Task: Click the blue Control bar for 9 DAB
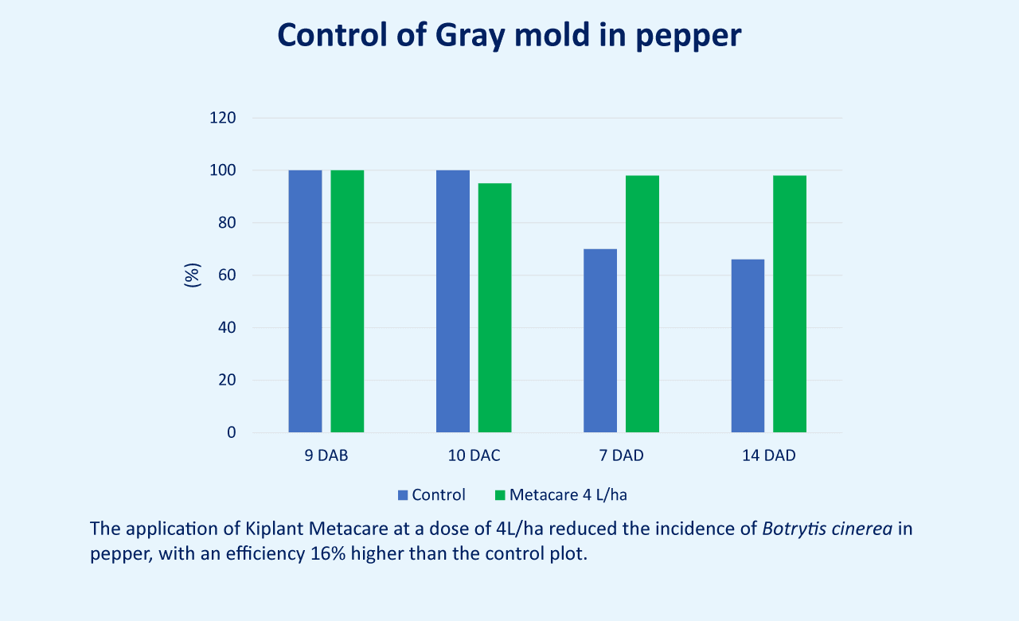(x=305, y=301)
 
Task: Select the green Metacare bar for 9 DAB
(x=347, y=301)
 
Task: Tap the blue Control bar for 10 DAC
(x=453, y=301)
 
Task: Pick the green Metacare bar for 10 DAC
(x=494, y=307)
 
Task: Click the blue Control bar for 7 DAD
(x=600, y=340)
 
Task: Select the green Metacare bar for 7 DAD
(x=642, y=304)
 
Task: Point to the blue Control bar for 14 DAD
(x=748, y=346)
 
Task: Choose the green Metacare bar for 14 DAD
(x=790, y=304)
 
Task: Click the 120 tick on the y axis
(x=222, y=118)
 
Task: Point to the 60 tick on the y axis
(x=227, y=275)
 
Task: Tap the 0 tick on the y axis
(x=232, y=432)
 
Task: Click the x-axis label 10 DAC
(x=474, y=455)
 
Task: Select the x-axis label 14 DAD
(x=769, y=455)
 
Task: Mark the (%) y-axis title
(x=192, y=275)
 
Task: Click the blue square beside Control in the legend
(x=403, y=495)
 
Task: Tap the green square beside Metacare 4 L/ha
(x=500, y=495)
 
